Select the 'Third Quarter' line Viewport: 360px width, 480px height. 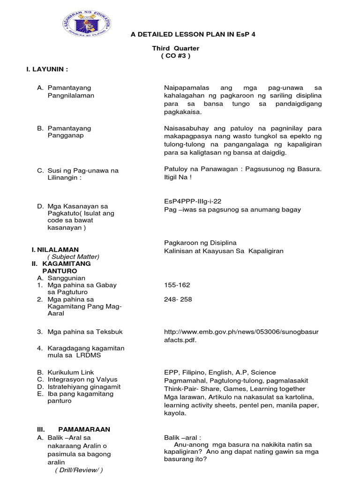coord(175,48)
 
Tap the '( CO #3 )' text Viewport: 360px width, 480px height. coord(176,56)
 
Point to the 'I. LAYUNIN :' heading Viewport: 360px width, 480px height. coord(47,69)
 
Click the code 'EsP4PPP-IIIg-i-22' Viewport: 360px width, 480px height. coord(193,201)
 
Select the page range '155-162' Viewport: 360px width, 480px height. coord(177,285)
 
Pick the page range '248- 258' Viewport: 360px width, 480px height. coord(178,299)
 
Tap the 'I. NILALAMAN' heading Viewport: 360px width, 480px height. coord(55,249)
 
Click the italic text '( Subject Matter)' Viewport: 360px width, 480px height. coord(73,256)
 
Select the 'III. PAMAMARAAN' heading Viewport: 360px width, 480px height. coord(74,429)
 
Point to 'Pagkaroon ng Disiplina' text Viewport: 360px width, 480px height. coord(200,243)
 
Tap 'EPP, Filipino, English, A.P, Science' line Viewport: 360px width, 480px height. coord(220,372)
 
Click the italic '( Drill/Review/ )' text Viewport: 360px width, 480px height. coord(78,470)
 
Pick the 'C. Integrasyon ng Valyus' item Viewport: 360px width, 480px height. coord(77,379)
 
